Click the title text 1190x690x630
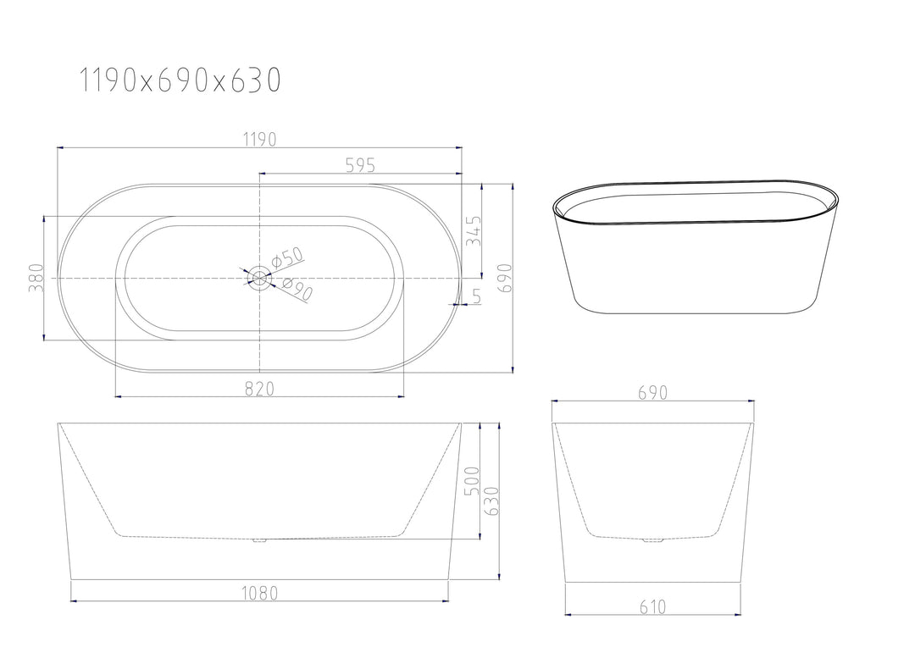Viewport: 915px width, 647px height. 180,80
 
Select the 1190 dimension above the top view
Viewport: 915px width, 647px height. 259,140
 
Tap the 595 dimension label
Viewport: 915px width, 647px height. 360,165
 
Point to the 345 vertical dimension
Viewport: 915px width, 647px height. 474,230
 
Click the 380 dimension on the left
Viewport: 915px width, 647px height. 36,279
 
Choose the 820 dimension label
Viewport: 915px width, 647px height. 259,388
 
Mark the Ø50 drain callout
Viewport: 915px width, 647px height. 287,257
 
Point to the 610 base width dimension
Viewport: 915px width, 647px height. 653,606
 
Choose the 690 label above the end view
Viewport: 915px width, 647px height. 653,393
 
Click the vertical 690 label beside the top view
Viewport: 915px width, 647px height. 505,278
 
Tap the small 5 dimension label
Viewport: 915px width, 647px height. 476,296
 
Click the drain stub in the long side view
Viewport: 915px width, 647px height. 259,539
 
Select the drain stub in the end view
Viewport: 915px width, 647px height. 652,539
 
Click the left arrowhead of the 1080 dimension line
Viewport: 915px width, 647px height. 74,601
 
